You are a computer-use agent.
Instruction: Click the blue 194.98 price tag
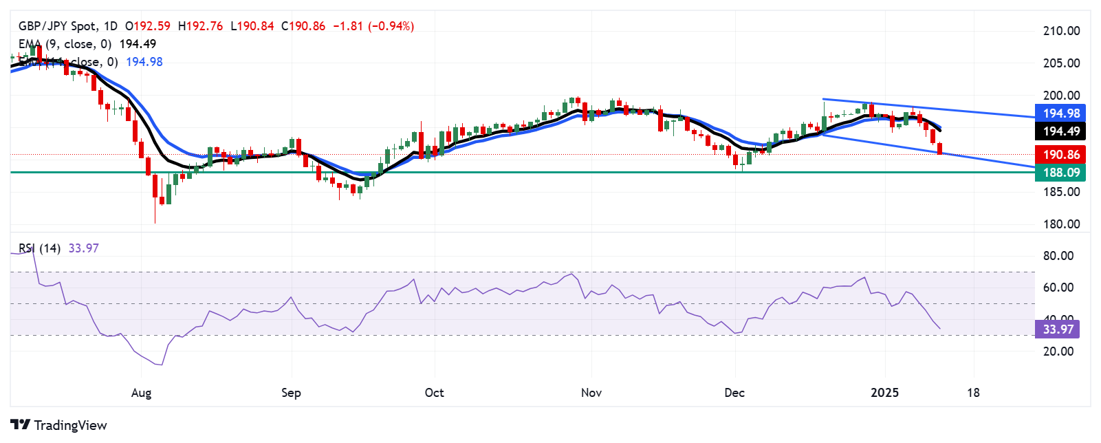pyautogui.click(x=1061, y=114)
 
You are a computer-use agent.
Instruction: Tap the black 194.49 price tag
pyautogui.click(x=1061, y=131)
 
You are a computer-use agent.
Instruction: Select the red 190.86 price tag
pyautogui.click(x=1061, y=155)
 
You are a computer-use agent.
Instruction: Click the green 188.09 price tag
pyautogui.click(x=1061, y=173)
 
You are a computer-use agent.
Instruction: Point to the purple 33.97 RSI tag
pyautogui.click(x=1058, y=329)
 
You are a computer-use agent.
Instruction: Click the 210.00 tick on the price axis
pyautogui.click(x=1061, y=31)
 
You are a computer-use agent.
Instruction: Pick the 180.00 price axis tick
pyautogui.click(x=1061, y=224)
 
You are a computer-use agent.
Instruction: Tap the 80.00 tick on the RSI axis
pyautogui.click(x=1058, y=256)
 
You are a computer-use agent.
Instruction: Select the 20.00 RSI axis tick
pyautogui.click(x=1058, y=352)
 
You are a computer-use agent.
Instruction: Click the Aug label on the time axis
pyautogui.click(x=141, y=393)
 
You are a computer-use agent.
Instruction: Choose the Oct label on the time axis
pyautogui.click(x=435, y=393)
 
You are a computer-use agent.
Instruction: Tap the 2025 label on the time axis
pyautogui.click(x=884, y=393)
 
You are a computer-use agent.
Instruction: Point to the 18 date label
pyautogui.click(x=973, y=393)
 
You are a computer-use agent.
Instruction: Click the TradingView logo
pyautogui.click(x=59, y=425)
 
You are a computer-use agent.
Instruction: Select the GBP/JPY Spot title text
pyautogui.click(x=58, y=26)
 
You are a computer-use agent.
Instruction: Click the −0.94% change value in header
pyautogui.click(x=391, y=26)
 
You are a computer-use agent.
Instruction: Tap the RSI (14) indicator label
pyautogui.click(x=39, y=248)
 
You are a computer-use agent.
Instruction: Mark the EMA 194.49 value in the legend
pyautogui.click(x=138, y=44)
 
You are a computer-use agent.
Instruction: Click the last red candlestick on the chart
pyautogui.click(x=940, y=149)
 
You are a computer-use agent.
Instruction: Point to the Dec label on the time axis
pyautogui.click(x=734, y=393)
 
